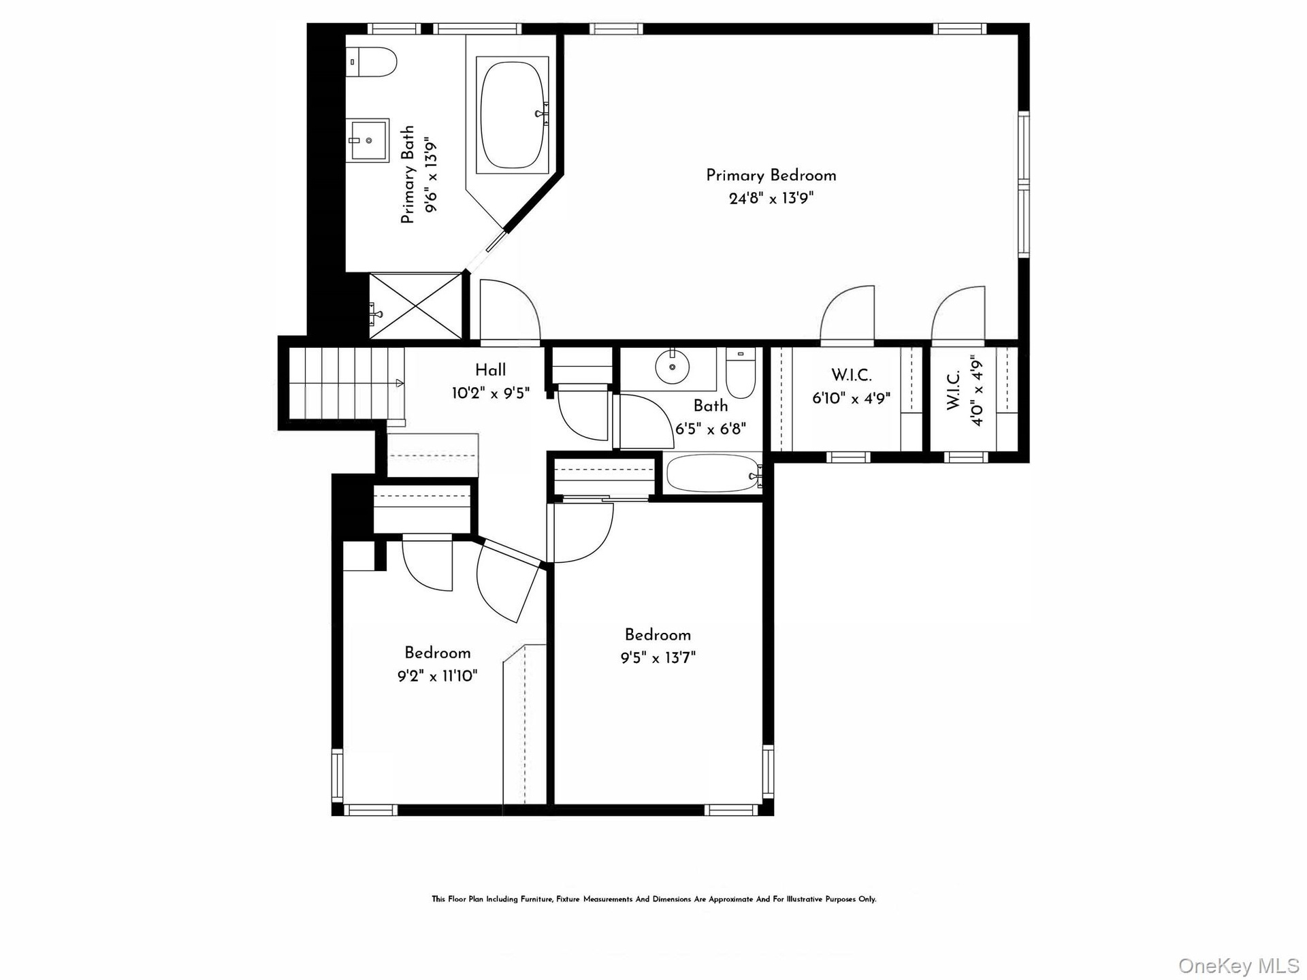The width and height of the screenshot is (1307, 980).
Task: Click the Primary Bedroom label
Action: [771, 176]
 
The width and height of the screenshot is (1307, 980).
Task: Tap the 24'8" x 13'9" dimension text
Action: [771, 199]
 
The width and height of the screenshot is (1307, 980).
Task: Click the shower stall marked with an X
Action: [415, 305]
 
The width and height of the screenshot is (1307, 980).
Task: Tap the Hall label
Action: [490, 370]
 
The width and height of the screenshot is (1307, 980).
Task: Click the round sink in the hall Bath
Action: [673, 367]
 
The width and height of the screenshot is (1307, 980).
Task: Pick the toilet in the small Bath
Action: [741, 373]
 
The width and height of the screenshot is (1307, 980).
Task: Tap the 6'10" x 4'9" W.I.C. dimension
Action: [851, 398]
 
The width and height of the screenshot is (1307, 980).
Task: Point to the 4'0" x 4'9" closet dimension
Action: [978, 390]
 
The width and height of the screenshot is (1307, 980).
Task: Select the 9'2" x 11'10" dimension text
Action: [438, 676]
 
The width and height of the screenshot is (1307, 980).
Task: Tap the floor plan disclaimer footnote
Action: [653, 899]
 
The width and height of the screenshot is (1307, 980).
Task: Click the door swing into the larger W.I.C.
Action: [848, 313]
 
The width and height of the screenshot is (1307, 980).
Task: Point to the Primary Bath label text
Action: [407, 175]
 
